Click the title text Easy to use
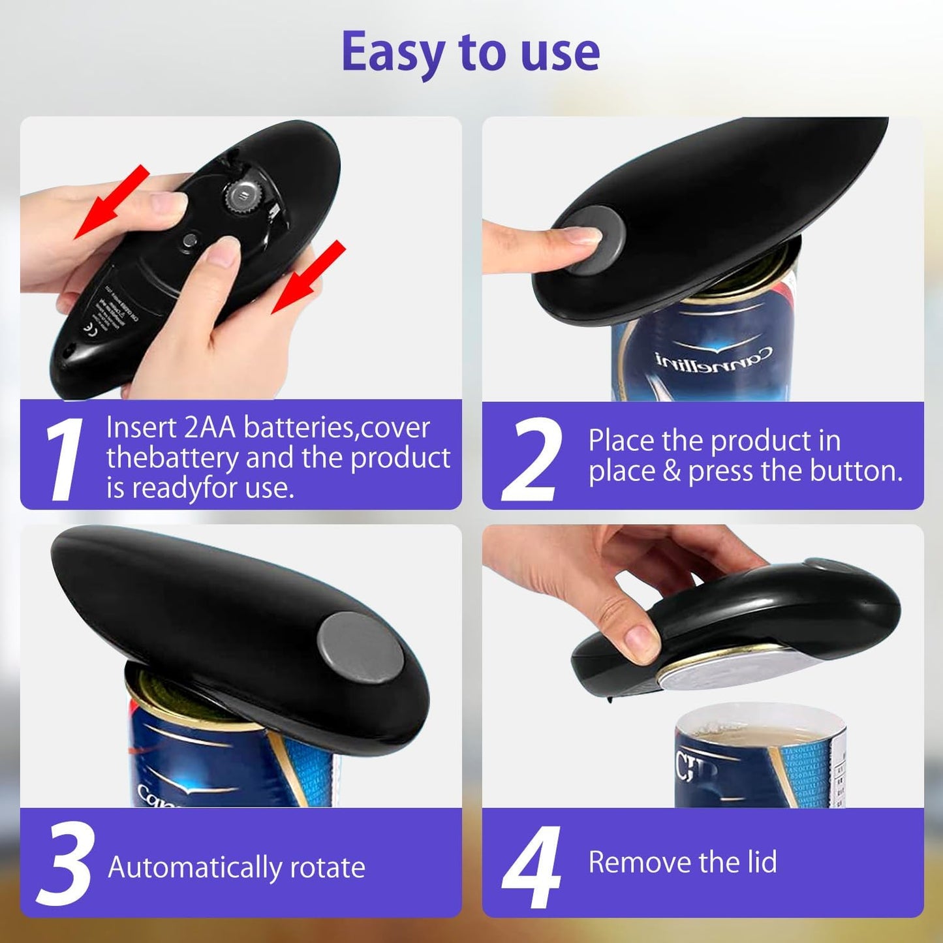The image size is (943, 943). (471, 52)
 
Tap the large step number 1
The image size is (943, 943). (63, 459)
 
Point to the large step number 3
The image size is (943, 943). (65, 863)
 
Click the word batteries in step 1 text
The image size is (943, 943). (299, 428)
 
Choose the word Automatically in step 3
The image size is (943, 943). (194, 867)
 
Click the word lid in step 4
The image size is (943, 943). (762, 862)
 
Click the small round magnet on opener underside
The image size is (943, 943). (190, 240)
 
